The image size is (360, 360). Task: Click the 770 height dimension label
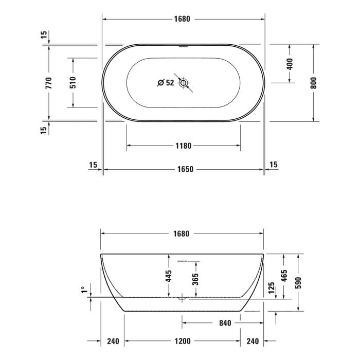pos(48,83)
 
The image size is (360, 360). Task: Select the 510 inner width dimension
pos(73,83)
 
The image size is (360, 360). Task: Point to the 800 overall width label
pos(313,83)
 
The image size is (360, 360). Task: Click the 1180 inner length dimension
pos(183,146)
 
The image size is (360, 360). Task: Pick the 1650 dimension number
pos(183,169)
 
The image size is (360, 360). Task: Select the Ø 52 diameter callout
pos(166,83)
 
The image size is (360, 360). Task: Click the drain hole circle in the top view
pos(184,83)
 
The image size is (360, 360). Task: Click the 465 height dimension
pos(284,276)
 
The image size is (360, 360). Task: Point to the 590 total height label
pos(298,282)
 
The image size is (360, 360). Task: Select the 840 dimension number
pos(225,323)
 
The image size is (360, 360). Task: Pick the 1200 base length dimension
pos(183,341)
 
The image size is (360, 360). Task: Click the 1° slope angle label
pos(83,290)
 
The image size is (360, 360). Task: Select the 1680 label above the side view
pos(181,233)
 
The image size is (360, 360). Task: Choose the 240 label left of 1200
pos(113,341)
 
